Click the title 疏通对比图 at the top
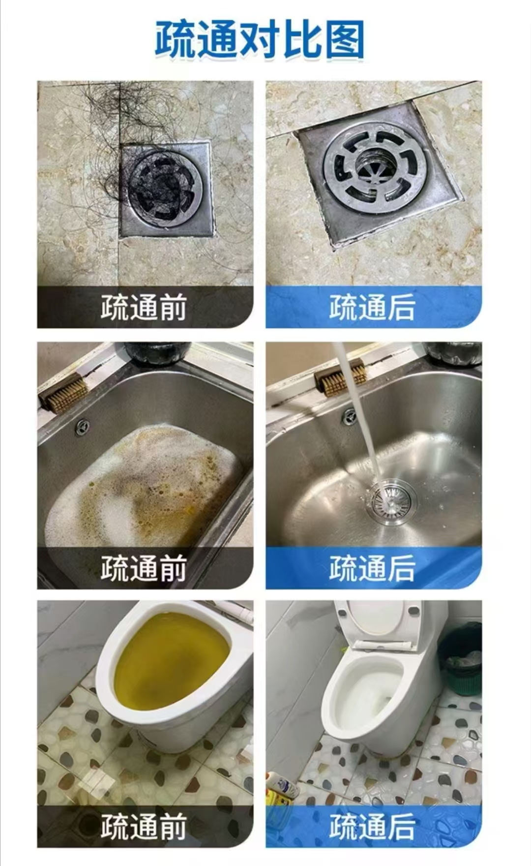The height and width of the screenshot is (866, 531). pyautogui.click(x=260, y=40)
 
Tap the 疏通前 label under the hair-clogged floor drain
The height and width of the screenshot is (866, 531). pyautogui.click(x=144, y=308)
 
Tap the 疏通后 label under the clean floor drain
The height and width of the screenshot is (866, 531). pyautogui.click(x=372, y=308)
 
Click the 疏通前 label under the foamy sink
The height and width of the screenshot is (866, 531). pyautogui.click(x=144, y=568)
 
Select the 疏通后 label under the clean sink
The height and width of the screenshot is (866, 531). pyautogui.click(x=372, y=568)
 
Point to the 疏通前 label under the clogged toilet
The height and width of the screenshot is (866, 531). pyautogui.click(x=144, y=827)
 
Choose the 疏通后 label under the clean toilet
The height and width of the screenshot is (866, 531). pyautogui.click(x=372, y=827)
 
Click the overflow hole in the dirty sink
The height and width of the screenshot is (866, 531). pyautogui.click(x=82, y=427)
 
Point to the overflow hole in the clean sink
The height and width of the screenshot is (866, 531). pyautogui.click(x=349, y=416)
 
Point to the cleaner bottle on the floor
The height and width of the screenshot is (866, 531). pyautogui.click(x=283, y=785)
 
